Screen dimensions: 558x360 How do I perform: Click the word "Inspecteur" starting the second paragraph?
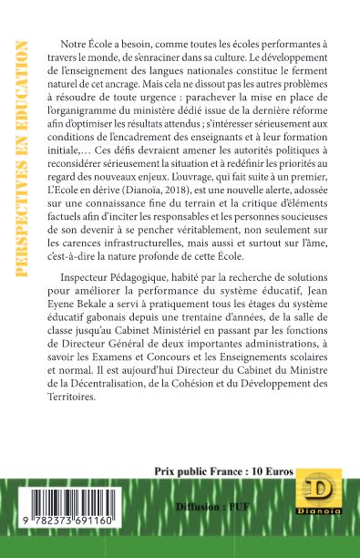click(89, 301)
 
